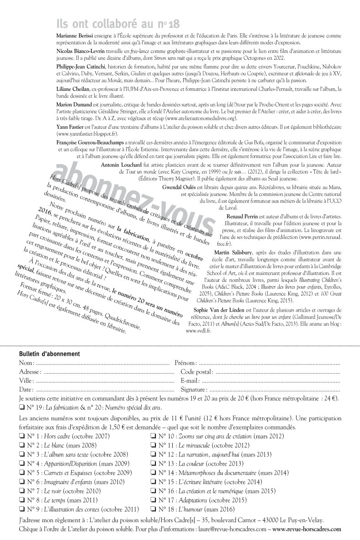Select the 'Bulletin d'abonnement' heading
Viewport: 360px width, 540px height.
click(49, 354)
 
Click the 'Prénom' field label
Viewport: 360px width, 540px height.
click(186, 363)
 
